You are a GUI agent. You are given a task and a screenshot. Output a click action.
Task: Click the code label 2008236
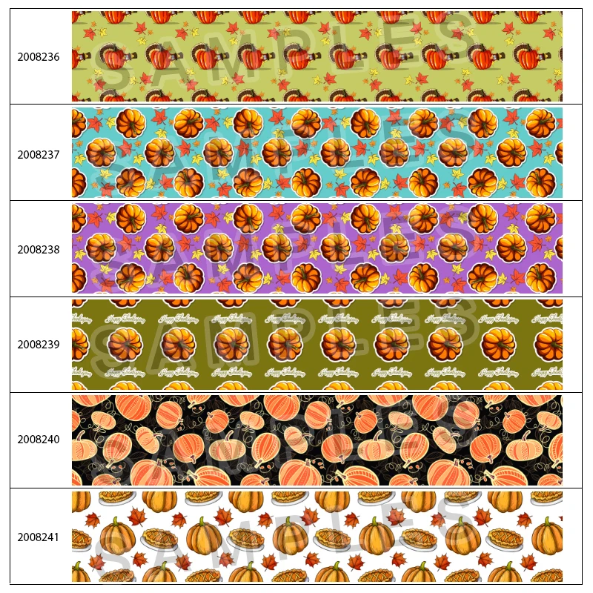click(x=39, y=57)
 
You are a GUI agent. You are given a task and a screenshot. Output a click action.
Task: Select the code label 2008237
click(x=39, y=155)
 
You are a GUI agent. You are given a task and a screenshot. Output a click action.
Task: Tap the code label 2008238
click(x=39, y=250)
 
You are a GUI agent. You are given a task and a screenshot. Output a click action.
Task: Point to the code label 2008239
click(x=39, y=345)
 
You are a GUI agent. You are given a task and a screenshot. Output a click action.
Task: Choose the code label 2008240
click(x=39, y=440)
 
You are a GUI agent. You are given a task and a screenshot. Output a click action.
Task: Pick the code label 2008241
click(x=39, y=536)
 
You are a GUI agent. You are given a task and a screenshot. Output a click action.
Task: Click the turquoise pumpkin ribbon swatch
click(x=317, y=153)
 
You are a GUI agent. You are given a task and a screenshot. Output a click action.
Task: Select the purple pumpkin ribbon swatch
click(x=317, y=248)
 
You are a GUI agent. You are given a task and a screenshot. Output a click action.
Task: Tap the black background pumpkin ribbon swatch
click(x=317, y=440)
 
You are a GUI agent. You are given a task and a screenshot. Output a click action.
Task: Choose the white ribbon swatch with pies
click(x=317, y=536)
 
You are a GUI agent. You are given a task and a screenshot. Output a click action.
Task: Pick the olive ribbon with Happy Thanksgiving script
click(x=317, y=344)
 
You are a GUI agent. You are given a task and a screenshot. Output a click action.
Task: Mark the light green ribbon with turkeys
click(x=317, y=56)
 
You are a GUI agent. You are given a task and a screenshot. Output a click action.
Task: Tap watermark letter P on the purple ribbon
click(x=311, y=237)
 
